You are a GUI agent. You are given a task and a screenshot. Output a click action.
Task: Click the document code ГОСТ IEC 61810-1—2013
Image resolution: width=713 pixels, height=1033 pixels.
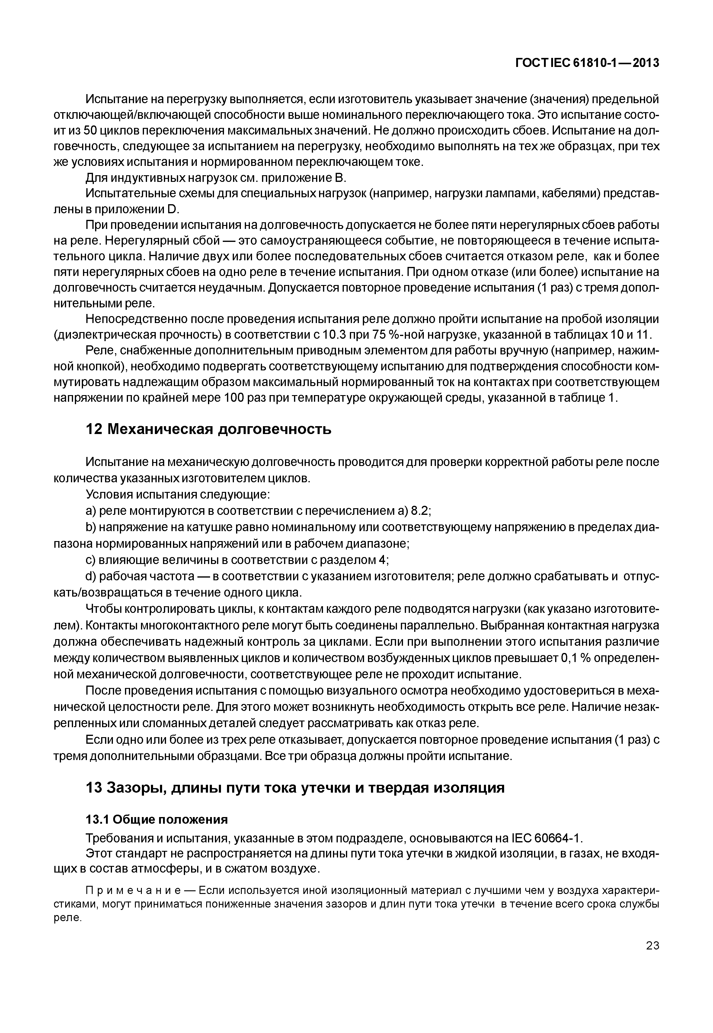point(587,63)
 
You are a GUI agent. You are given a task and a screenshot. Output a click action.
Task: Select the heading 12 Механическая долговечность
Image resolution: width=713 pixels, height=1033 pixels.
point(208,429)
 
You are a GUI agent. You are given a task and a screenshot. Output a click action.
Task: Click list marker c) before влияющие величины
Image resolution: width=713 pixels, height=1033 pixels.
point(91,560)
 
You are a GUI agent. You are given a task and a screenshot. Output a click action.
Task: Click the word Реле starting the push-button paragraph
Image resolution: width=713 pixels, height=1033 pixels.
point(100,351)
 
